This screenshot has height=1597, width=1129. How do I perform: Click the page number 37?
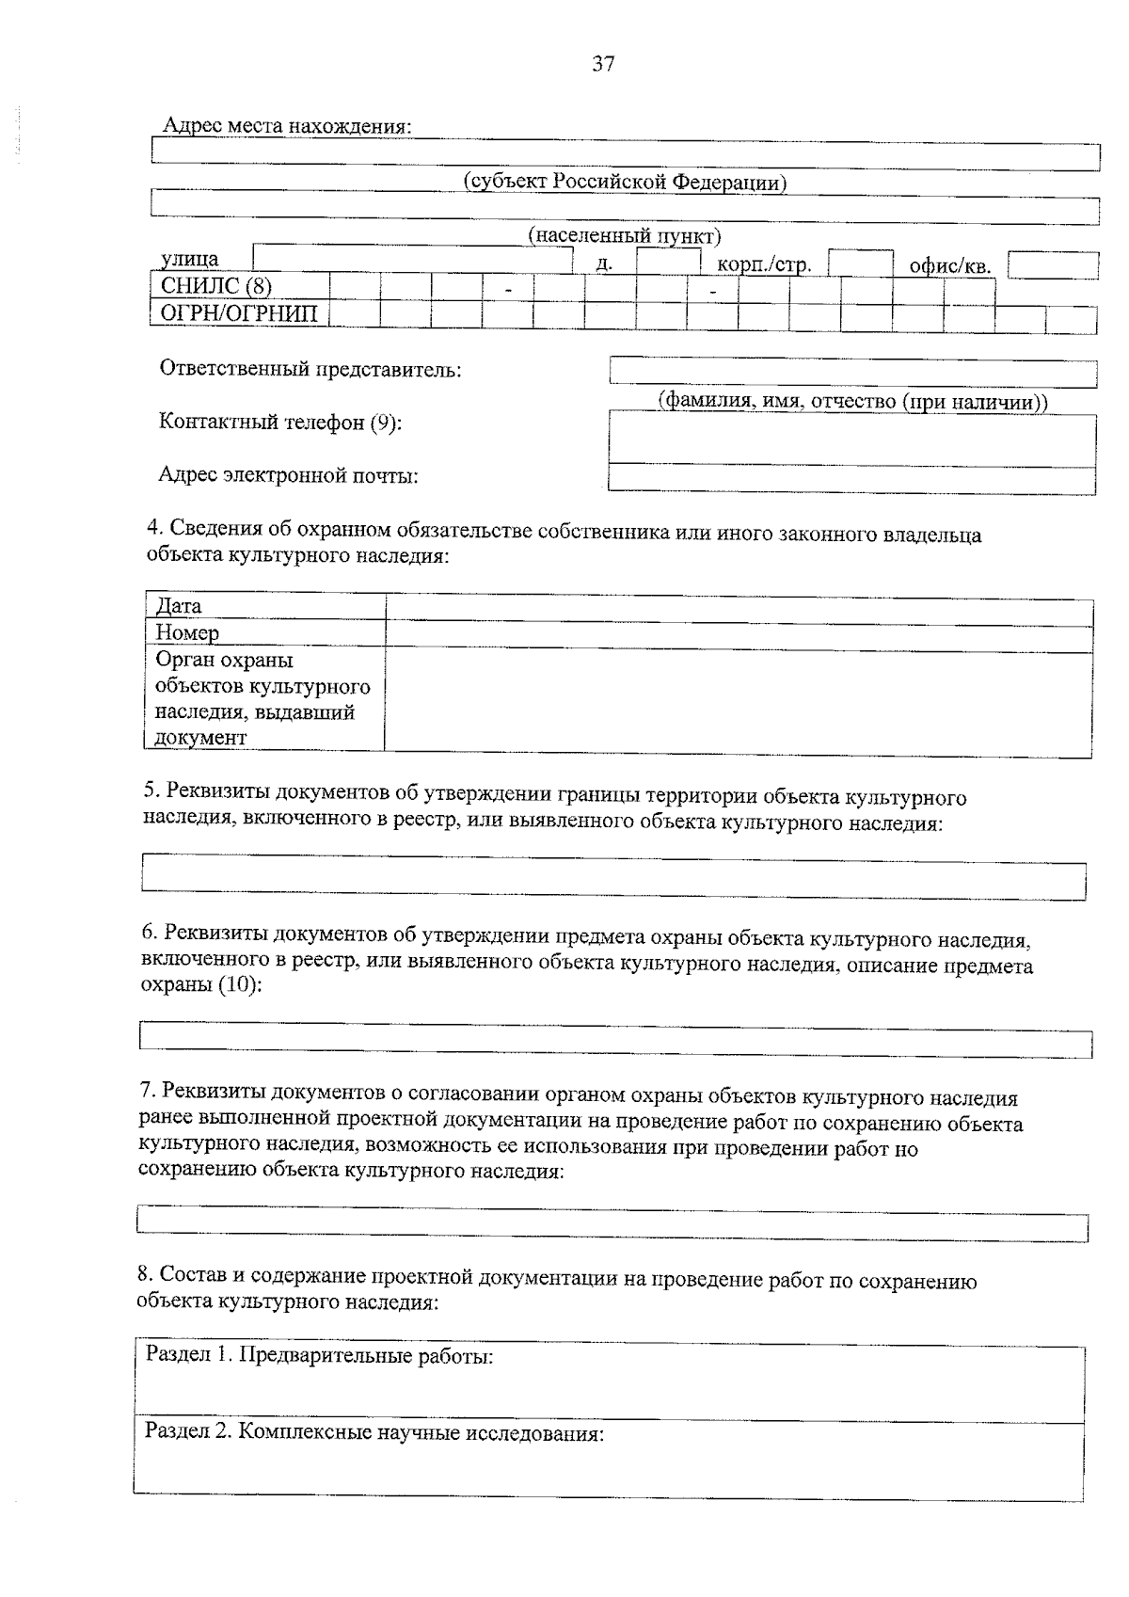[x=603, y=64]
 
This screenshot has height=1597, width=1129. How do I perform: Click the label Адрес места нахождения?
[x=287, y=125]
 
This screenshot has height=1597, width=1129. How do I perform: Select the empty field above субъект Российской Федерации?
[x=626, y=155]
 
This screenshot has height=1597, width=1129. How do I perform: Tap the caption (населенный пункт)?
[x=625, y=234]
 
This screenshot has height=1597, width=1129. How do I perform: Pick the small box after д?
[x=668, y=262]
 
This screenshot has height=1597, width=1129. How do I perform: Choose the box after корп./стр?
[x=860, y=263]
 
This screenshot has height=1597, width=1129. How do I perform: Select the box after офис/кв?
[x=1053, y=265]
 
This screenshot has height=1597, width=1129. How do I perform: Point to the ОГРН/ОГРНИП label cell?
[x=240, y=312]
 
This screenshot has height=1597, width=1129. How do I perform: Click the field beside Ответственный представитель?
[x=852, y=373]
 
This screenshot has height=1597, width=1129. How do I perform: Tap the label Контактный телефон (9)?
[x=280, y=423]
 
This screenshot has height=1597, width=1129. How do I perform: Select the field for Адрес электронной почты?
[x=852, y=479]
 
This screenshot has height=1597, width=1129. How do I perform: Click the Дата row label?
[x=265, y=605]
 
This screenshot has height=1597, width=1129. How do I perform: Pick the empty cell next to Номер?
[x=739, y=638]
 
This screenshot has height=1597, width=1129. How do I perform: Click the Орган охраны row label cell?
[x=265, y=698]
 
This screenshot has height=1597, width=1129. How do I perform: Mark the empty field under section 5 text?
[x=613, y=876]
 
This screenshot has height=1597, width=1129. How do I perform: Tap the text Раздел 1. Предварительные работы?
[x=320, y=1356]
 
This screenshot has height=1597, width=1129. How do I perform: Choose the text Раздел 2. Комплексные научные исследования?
[x=374, y=1433]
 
